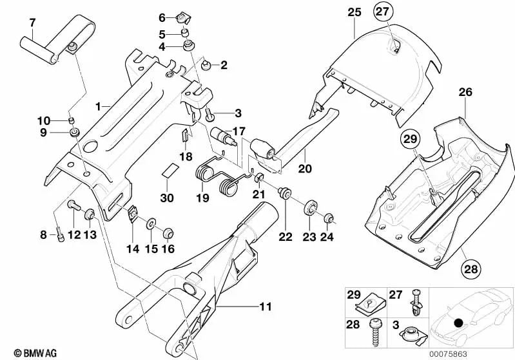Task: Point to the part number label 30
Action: tap(168, 198)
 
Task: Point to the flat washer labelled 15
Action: tap(151, 224)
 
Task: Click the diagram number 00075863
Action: tap(487, 352)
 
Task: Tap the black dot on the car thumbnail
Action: tap(458, 323)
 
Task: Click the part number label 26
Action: tap(466, 93)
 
